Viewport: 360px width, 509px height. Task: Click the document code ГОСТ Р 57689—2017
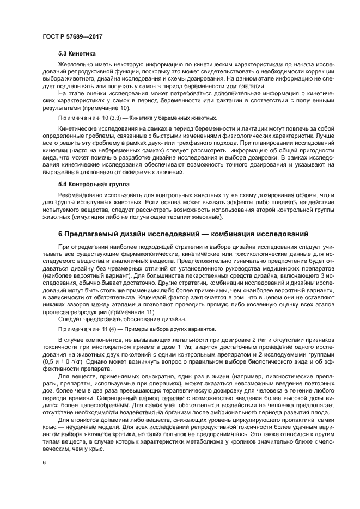72,36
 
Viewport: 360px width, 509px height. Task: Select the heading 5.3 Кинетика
77,54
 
